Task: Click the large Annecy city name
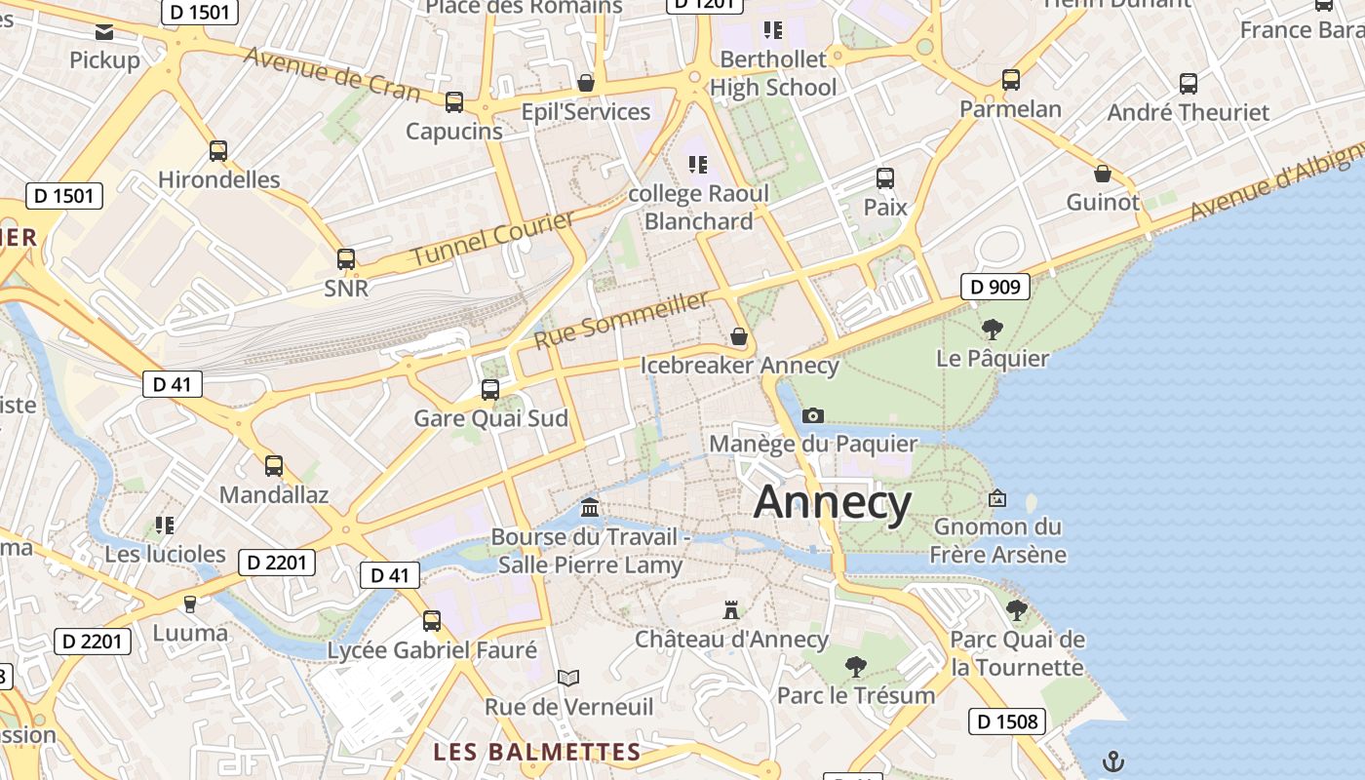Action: click(833, 503)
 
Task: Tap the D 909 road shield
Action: click(995, 287)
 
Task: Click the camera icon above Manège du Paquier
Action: click(812, 416)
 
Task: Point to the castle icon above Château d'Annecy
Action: click(730, 611)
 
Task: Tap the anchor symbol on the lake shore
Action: click(1112, 761)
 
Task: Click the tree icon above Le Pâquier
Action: click(993, 330)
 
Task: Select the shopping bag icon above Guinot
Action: click(1103, 174)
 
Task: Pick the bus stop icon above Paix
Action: click(885, 178)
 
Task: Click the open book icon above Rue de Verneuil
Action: click(568, 678)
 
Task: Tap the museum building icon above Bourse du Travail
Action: click(590, 508)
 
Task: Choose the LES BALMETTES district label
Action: click(537, 753)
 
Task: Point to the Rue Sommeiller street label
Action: click(621, 320)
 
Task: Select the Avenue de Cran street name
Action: click(332, 74)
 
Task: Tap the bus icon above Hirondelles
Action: click(218, 151)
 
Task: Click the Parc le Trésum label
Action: click(855, 695)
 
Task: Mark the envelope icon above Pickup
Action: click(104, 32)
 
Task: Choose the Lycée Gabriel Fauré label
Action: click(432, 650)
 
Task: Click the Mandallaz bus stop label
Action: click(274, 494)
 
